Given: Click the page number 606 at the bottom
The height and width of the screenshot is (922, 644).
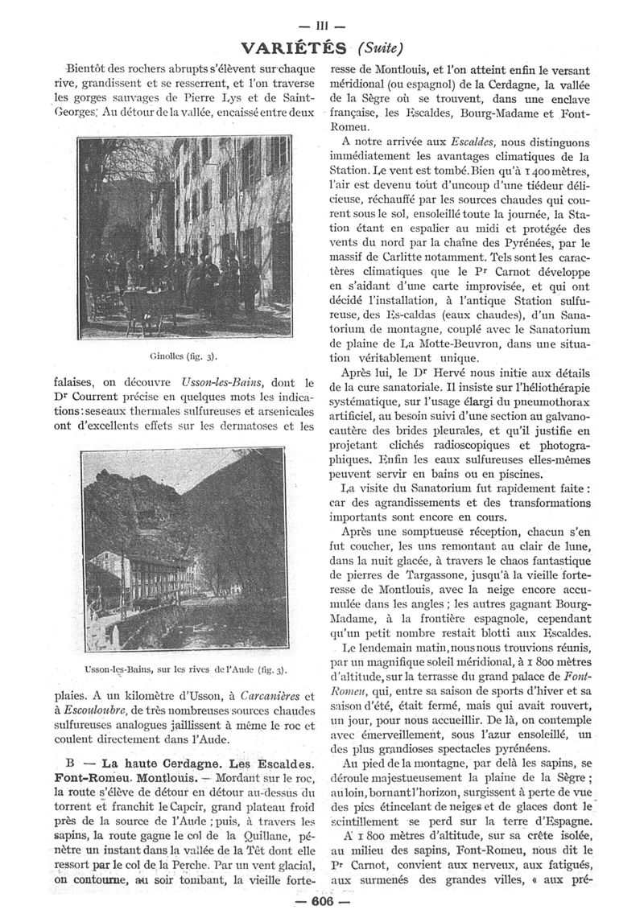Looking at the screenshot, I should (322, 903).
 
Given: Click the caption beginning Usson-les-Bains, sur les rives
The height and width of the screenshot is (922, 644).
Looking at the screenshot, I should (187, 669).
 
